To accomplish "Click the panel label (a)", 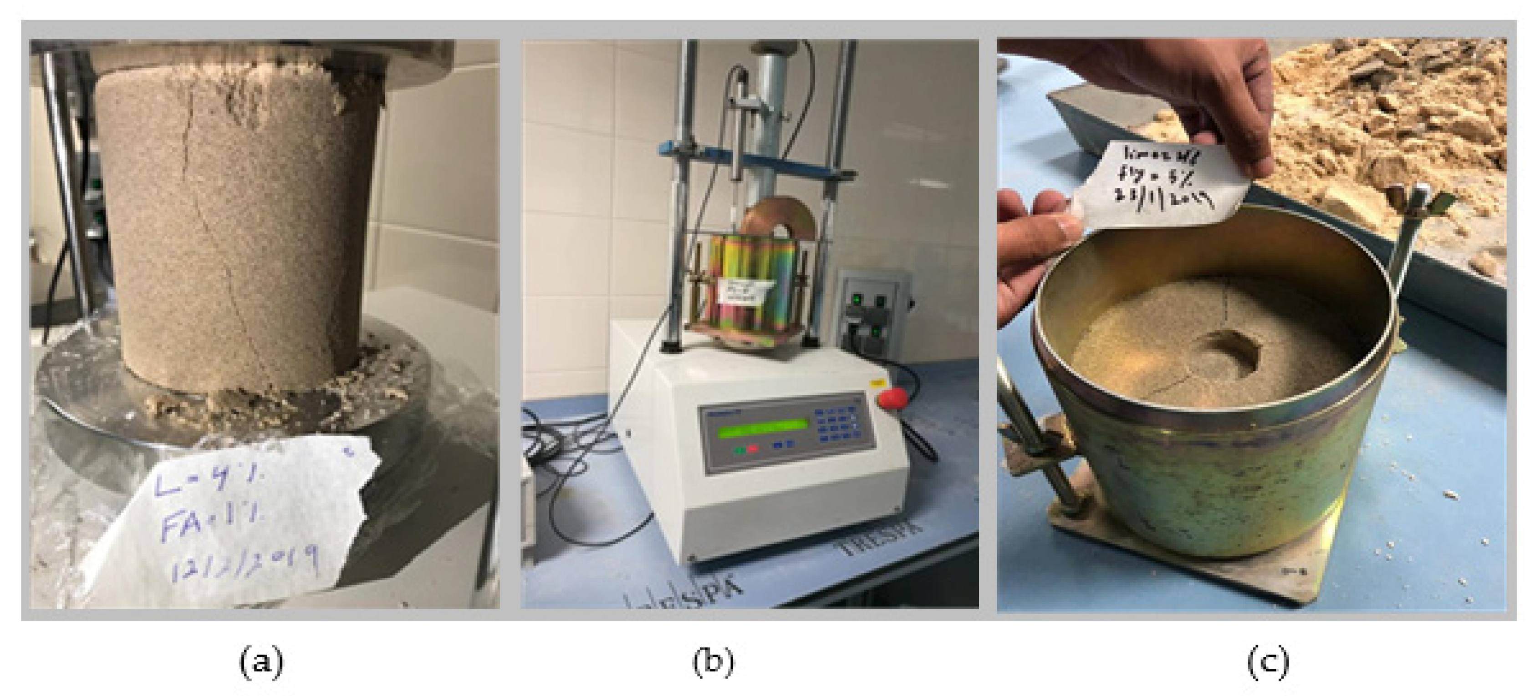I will pyautogui.click(x=261, y=662).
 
